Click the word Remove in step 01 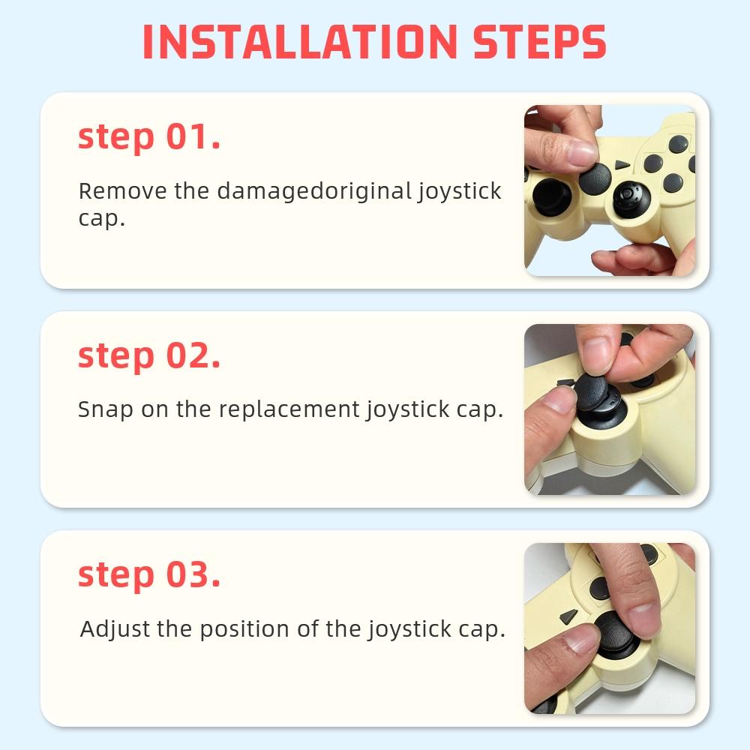pyautogui.click(x=123, y=190)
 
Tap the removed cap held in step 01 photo pyautogui.click(x=595, y=177)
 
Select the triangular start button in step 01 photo pyautogui.click(x=622, y=164)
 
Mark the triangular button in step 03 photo pyautogui.click(x=568, y=616)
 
